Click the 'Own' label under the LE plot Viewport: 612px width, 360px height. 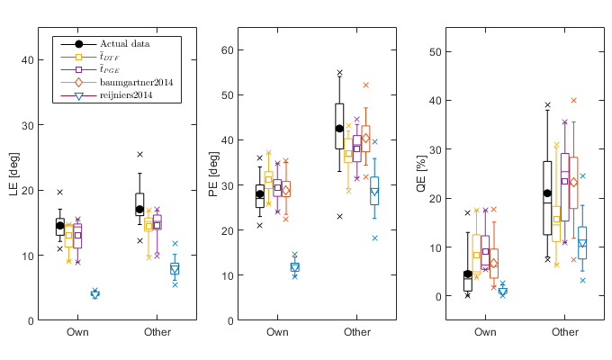(x=77, y=333)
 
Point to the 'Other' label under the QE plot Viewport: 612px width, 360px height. (x=565, y=333)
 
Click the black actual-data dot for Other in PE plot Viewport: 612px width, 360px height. (x=339, y=129)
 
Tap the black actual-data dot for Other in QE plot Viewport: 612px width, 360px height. (x=547, y=193)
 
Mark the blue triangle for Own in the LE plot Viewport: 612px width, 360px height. (x=94, y=293)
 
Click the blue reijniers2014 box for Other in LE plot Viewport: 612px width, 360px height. (x=175, y=268)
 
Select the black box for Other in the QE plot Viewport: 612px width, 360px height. (x=547, y=198)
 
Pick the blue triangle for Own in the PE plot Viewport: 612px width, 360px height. (x=294, y=267)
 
